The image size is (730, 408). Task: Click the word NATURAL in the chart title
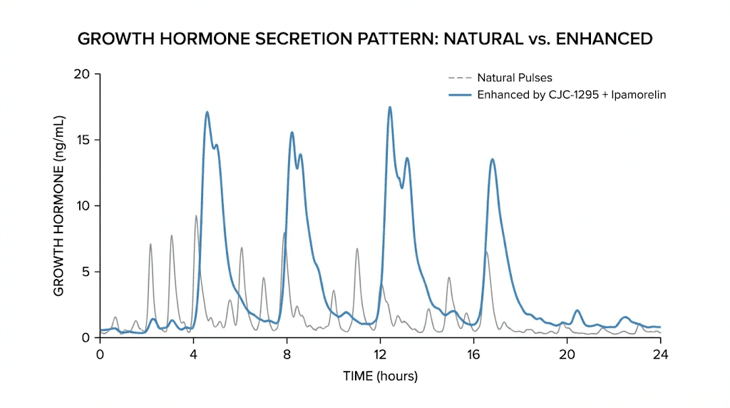click(483, 39)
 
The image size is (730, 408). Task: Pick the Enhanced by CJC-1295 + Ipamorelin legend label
click(571, 95)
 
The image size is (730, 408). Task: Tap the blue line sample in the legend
click(460, 95)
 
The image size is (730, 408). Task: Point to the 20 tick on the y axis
click(83, 74)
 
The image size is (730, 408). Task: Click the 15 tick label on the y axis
click(84, 140)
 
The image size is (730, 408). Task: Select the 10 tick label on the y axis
click(84, 206)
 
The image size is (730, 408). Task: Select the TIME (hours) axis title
click(380, 376)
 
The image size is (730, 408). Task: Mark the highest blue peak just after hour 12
click(389, 108)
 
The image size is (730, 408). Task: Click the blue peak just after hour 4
click(207, 113)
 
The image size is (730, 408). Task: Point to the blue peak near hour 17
click(492, 160)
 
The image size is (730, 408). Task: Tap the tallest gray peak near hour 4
click(196, 216)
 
